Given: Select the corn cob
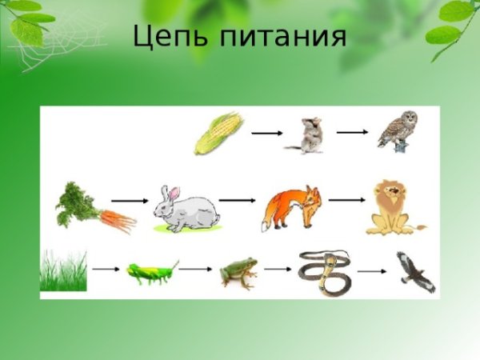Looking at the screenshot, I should (218, 134).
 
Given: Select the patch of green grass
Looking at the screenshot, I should (63, 271).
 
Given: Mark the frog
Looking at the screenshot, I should (238, 273).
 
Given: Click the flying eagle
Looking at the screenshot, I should (415, 270).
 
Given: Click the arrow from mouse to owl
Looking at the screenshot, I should (353, 130).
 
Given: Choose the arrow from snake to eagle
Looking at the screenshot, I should (372, 271).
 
